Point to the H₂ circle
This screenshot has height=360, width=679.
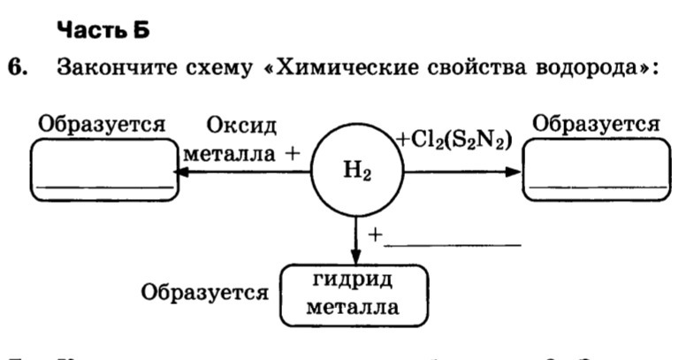[355, 171]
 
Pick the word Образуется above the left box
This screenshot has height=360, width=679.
[102, 124]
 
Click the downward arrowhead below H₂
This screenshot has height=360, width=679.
[355, 254]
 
